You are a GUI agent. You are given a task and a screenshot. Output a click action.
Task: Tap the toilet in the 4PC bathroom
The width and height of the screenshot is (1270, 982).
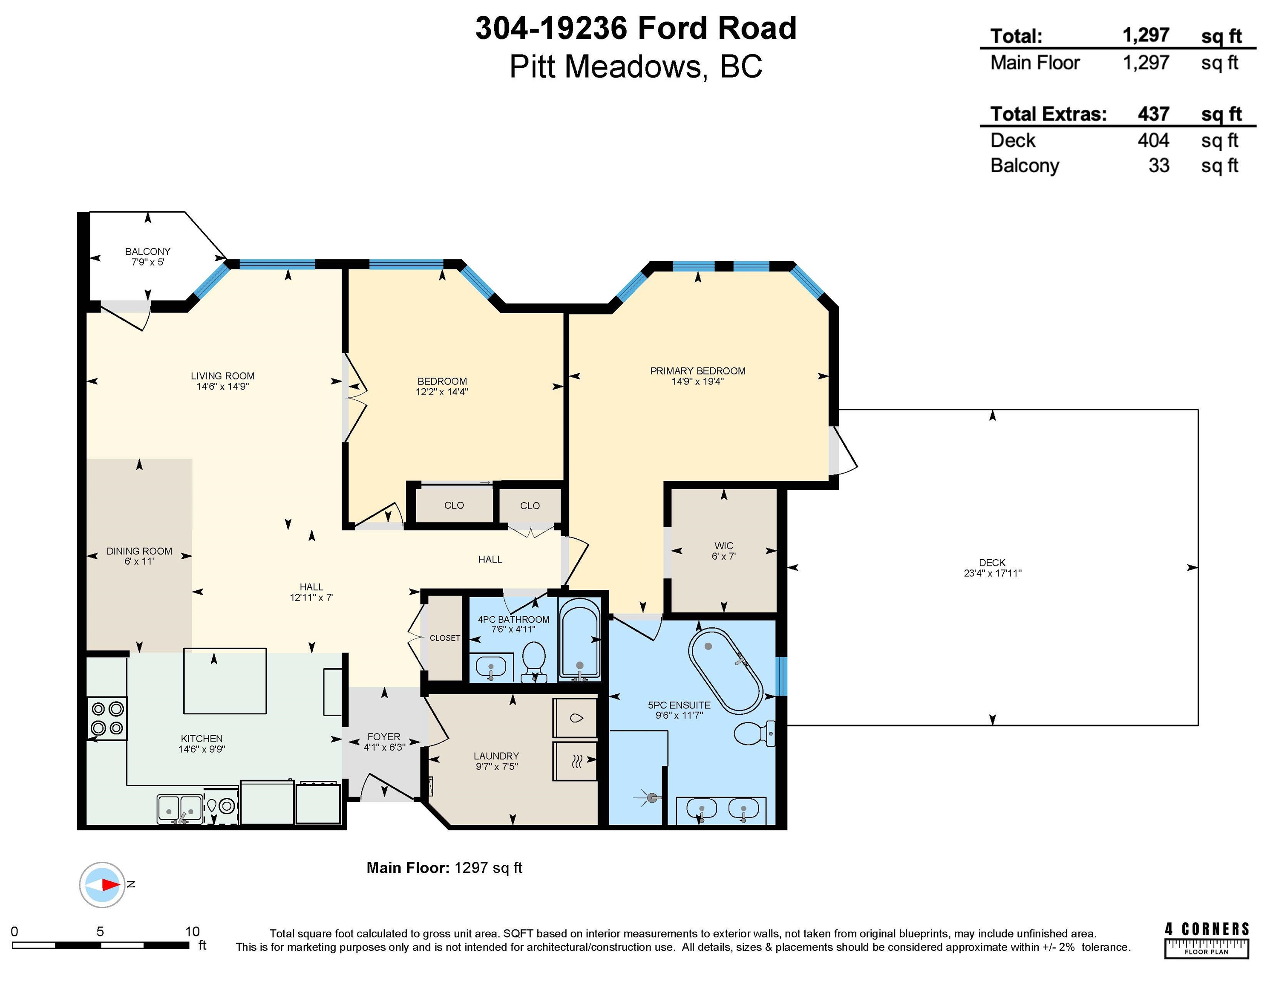[534, 662]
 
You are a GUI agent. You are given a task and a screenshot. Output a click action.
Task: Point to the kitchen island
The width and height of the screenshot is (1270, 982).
[225, 681]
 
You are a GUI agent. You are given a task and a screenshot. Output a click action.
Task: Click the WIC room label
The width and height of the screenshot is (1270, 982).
[723, 546]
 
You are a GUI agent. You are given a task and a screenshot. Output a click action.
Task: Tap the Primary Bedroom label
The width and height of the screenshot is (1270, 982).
[698, 370]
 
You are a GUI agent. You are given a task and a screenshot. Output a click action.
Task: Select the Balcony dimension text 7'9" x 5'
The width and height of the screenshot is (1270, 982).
[148, 262]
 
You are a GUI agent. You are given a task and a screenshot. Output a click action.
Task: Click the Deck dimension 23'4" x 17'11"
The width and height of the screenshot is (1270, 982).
[993, 573]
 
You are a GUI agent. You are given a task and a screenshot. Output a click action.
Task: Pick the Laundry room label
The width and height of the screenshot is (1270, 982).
[496, 756]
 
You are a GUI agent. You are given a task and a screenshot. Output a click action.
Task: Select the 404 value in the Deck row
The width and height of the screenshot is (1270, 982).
[1153, 140]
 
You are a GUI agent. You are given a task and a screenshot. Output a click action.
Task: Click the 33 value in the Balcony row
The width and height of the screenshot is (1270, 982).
[1159, 166]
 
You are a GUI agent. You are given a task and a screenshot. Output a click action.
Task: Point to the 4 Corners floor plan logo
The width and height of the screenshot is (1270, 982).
[1207, 939]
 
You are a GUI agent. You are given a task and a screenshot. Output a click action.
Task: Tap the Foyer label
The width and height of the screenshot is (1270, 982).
[384, 736]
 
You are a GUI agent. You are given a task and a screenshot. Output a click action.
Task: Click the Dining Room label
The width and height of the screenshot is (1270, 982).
[140, 551]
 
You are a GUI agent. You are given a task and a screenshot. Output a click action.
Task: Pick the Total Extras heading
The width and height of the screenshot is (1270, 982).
[1048, 114]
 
